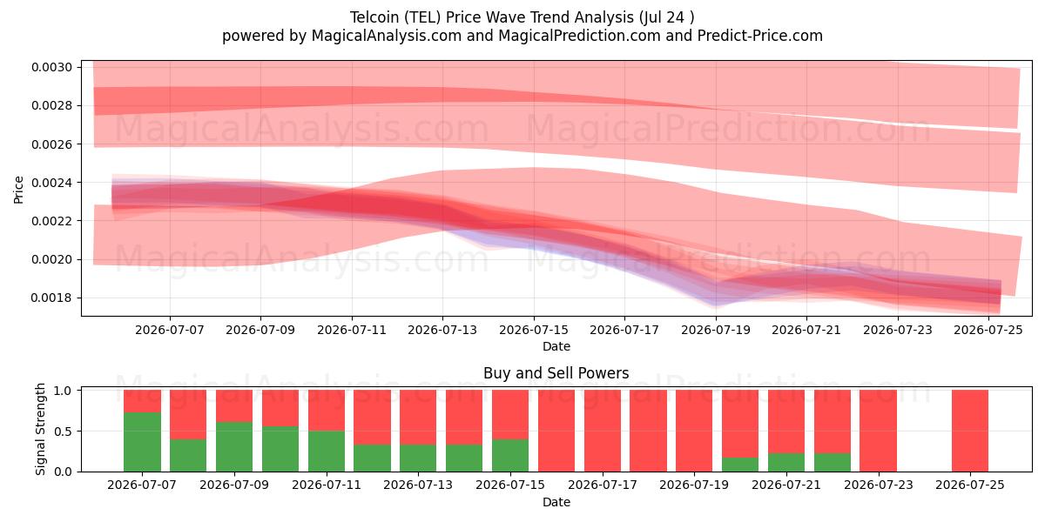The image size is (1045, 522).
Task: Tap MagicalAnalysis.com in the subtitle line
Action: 387,36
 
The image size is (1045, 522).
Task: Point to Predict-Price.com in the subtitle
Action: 760,36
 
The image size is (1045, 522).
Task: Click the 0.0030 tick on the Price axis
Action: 51,67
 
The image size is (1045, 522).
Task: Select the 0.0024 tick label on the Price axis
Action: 51,182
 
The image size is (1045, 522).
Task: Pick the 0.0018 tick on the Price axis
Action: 51,298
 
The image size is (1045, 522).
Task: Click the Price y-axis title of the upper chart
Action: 18,190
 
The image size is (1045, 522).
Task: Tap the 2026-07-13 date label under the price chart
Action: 442,330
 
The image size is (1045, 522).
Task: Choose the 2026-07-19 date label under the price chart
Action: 716,330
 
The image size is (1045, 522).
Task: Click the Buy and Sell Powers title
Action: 556,373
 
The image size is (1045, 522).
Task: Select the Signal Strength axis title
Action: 41,429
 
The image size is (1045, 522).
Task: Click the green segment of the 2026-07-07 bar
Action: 142,442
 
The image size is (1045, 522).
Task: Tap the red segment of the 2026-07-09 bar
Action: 234,406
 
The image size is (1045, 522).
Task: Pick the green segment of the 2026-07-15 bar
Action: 510,455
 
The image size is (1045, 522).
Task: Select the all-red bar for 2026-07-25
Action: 970,431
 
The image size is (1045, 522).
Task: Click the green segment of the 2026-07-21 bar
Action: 786,462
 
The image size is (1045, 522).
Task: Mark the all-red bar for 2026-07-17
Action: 603,431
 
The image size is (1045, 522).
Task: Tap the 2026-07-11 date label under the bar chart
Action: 327,485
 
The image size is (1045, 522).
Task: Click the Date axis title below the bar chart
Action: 556,502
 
